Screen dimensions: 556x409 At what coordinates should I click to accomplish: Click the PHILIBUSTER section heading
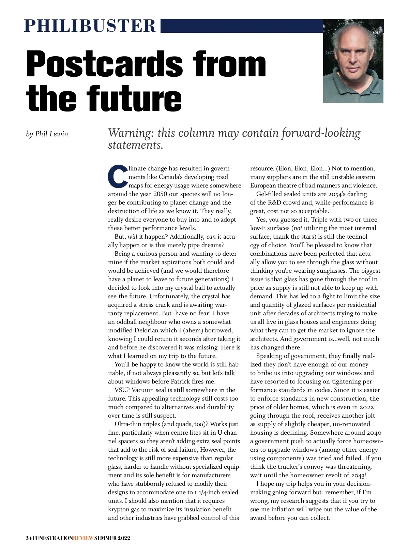pos(90,26)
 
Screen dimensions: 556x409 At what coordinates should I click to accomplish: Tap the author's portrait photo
pos(353,61)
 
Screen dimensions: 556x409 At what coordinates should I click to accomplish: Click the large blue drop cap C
pos(118,176)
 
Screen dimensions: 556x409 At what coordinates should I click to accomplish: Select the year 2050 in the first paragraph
pos(160,194)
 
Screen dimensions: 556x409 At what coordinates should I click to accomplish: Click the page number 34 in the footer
pos(29,538)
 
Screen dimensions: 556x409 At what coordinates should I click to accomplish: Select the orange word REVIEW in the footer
pos(83,538)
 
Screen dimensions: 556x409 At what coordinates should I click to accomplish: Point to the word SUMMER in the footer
pos(105,538)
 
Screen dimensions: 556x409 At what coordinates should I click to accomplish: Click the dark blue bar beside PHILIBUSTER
pos(241,26)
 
